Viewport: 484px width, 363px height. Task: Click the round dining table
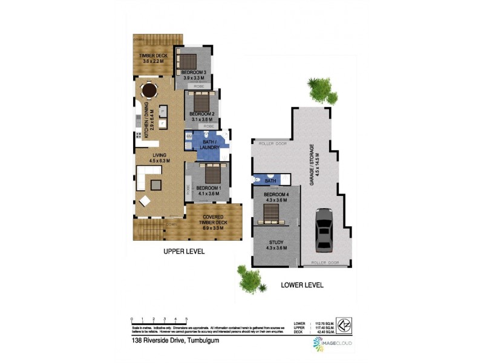pyautogui.click(x=148, y=91)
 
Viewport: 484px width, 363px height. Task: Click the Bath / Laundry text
pyautogui.click(x=209, y=144)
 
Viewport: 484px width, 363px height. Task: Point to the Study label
pyautogui.click(x=276, y=245)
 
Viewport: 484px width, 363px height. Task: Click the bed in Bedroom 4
pyautogui.click(x=272, y=214)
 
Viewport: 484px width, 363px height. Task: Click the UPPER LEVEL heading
pyautogui.click(x=185, y=251)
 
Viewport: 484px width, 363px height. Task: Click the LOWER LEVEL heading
pyautogui.click(x=302, y=284)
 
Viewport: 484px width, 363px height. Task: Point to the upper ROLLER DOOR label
pyautogui.click(x=271, y=144)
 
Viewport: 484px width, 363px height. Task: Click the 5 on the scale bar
pyautogui.click(x=186, y=318)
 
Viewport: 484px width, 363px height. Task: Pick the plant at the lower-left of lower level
pyautogui.click(x=249, y=280)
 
